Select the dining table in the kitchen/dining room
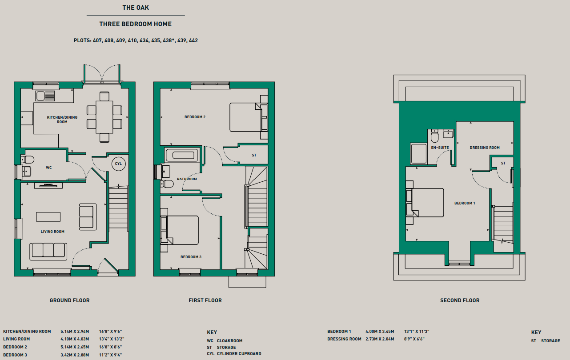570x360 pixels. pyautogui.click(x=104, y=117)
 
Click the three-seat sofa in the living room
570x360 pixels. pyautogui.click(x=48, y=252)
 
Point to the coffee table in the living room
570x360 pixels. pyautogui.click(x=48, y=217)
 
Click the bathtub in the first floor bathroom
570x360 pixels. pyautogui.click(x=183, y=155)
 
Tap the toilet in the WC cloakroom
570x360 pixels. pyautogui.click(x=28, y=160)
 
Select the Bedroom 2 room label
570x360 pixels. pyautogui.click(x=195, y=117)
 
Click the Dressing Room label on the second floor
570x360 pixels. pyautogui.click(x=485, y=148)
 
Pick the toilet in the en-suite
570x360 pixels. pyautogui.click(x=435, y=136)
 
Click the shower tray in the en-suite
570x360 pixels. pyautogui.click(x=418, y=154)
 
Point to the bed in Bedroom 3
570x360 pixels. pyautogui.click(x=179, y=230)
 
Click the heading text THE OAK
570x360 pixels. pyautogui.click(x=136, y=8)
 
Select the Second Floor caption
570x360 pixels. pyautogui.click(x=460, y=300)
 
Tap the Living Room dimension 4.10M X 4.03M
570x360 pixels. pyautogui.click(x=75, y=339)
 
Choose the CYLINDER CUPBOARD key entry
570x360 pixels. pyautogui.click(x=239, y=354)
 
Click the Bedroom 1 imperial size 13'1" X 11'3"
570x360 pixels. pyautogui.click(x=417, y=331)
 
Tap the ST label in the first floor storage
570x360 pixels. pyautogui.click(x=254, y=155)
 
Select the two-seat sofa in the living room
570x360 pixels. pyautogui.click(x=88, y=217)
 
